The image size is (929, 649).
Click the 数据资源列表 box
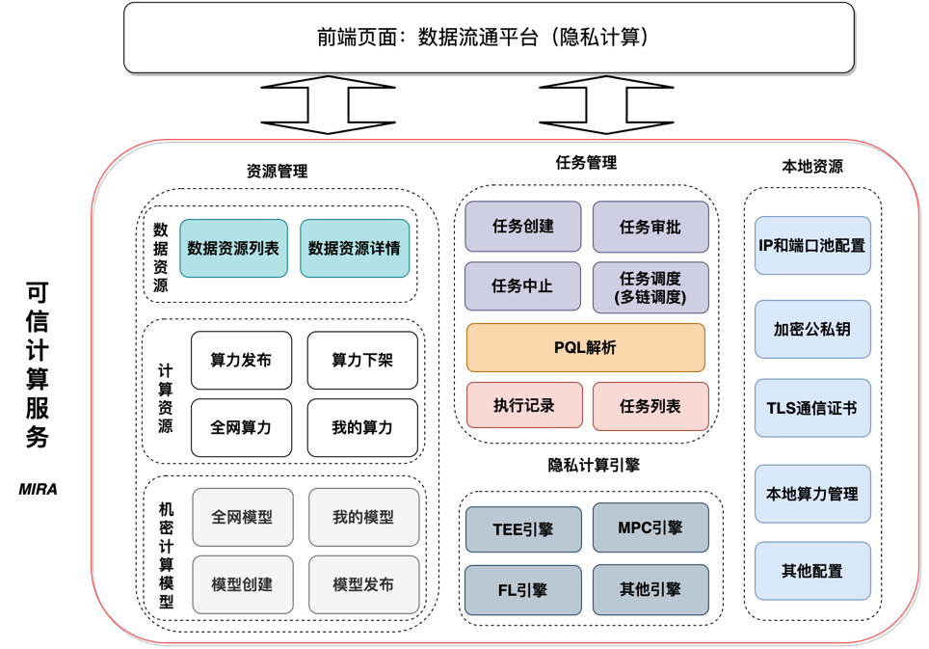point(233,248)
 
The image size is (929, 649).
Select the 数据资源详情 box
point(355,248)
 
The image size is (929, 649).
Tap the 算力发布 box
point(241,360)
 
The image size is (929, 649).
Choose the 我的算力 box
point(362,427)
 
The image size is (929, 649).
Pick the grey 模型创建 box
point(242,584)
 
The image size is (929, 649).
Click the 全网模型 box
point(242,517)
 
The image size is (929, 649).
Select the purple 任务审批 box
point(650,227)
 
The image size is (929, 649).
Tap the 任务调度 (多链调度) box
point(650,287)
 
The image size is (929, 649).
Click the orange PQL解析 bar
point(585,348)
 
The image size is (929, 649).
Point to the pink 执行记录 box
point(524,406)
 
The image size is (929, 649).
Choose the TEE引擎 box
point(523,529)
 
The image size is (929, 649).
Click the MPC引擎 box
point(650,527)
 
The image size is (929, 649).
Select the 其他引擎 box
point(650,589)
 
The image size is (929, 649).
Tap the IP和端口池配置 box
point(812,246)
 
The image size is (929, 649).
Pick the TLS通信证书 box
point(812,408)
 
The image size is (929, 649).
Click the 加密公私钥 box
point(812,329)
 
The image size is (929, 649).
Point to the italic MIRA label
point(39,489)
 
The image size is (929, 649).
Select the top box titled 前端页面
point(489,38)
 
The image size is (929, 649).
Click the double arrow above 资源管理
point(329,104)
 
